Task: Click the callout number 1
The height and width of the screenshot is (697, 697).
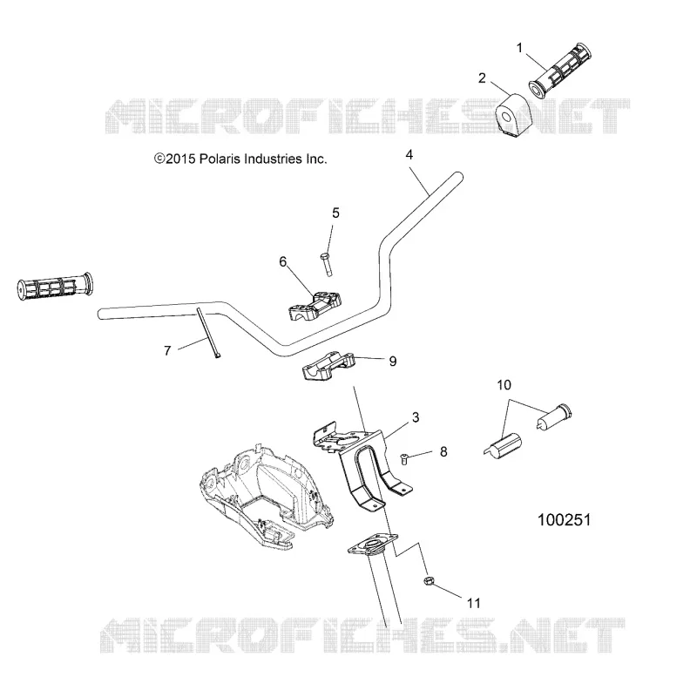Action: pos(519,48)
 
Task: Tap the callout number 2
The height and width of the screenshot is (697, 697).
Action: pos(482,78)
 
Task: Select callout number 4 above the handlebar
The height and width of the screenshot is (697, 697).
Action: pos(409,155)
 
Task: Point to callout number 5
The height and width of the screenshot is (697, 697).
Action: pos(335,213)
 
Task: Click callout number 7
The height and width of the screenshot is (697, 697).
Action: pos(167,351)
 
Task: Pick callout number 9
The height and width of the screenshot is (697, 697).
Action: pos(393,362)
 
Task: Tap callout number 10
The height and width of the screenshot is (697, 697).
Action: pos(504,385)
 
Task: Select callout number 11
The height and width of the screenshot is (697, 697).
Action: pos(474,603)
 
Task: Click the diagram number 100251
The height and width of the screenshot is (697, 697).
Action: pos(564,520)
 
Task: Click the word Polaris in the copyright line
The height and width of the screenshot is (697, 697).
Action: pos(220,159)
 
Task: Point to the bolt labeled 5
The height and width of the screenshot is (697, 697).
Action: pos(326,265)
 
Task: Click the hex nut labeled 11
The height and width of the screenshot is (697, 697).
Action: pos(429,580)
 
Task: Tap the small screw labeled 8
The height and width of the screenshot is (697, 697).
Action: pos(404,458)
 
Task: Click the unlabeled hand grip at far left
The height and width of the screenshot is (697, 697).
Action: pos(55,288)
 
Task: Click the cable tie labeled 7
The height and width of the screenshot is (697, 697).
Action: pos(208,333)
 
